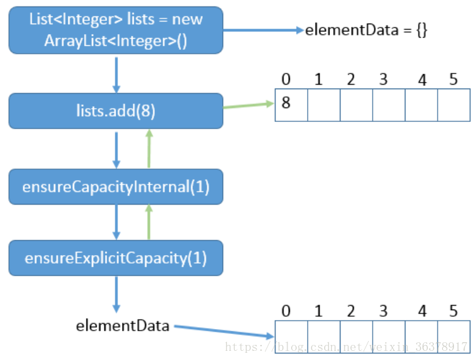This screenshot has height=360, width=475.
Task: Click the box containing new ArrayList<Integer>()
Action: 115,30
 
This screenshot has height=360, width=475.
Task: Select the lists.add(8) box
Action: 115,111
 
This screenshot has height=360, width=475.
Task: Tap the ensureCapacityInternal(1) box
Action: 115,187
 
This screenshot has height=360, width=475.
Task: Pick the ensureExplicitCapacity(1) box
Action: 115,258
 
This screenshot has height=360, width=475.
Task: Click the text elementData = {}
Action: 366,30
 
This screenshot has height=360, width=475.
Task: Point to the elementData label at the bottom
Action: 123,325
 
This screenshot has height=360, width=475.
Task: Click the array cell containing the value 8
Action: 291,105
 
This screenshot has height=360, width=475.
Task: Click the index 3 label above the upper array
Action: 383,79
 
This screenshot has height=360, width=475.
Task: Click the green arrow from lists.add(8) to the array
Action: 248,105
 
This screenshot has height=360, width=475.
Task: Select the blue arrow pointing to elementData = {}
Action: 262,30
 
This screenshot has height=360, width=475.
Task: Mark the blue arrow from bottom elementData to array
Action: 223,331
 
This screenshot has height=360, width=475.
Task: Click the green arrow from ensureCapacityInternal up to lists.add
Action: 149,149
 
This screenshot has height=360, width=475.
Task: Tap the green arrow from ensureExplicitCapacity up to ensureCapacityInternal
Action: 149,222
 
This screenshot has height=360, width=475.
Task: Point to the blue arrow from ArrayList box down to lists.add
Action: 116,73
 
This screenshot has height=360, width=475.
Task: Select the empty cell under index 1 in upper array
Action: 323,105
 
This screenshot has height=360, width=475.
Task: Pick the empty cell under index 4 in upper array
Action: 421,105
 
